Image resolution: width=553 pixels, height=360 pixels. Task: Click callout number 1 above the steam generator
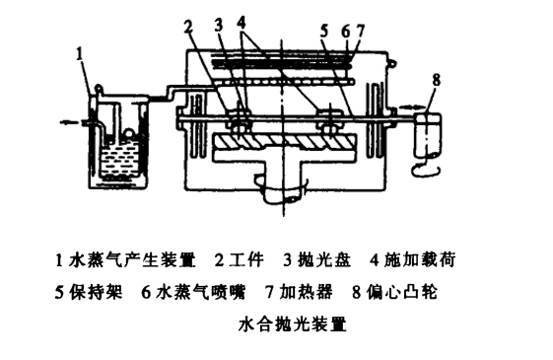[80, 54]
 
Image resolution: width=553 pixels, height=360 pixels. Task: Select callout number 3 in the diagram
[219, 25]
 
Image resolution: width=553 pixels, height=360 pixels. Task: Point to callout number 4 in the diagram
[242, 24]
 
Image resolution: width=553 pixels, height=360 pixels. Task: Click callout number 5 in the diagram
[324, 31]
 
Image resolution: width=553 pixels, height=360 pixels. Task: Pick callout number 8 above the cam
[437, 80]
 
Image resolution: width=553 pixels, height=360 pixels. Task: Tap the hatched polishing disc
[285, 142]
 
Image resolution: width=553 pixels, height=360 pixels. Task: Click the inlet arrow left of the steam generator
[69, 122]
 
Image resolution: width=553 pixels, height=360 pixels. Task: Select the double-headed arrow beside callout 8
[411, 106]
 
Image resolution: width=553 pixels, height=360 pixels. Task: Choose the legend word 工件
[246, 259]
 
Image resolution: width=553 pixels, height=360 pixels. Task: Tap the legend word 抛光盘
[324, 260]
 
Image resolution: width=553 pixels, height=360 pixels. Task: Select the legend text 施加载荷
[420, 259]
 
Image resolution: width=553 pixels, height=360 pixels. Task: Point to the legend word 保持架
[97, 292]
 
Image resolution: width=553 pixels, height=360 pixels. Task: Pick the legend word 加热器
[307, 292]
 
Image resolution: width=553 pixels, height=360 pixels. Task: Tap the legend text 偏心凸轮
[402, 292]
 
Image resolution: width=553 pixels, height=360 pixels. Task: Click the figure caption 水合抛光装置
[293, 324]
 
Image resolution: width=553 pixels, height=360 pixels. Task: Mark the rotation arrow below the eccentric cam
[427, 171]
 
